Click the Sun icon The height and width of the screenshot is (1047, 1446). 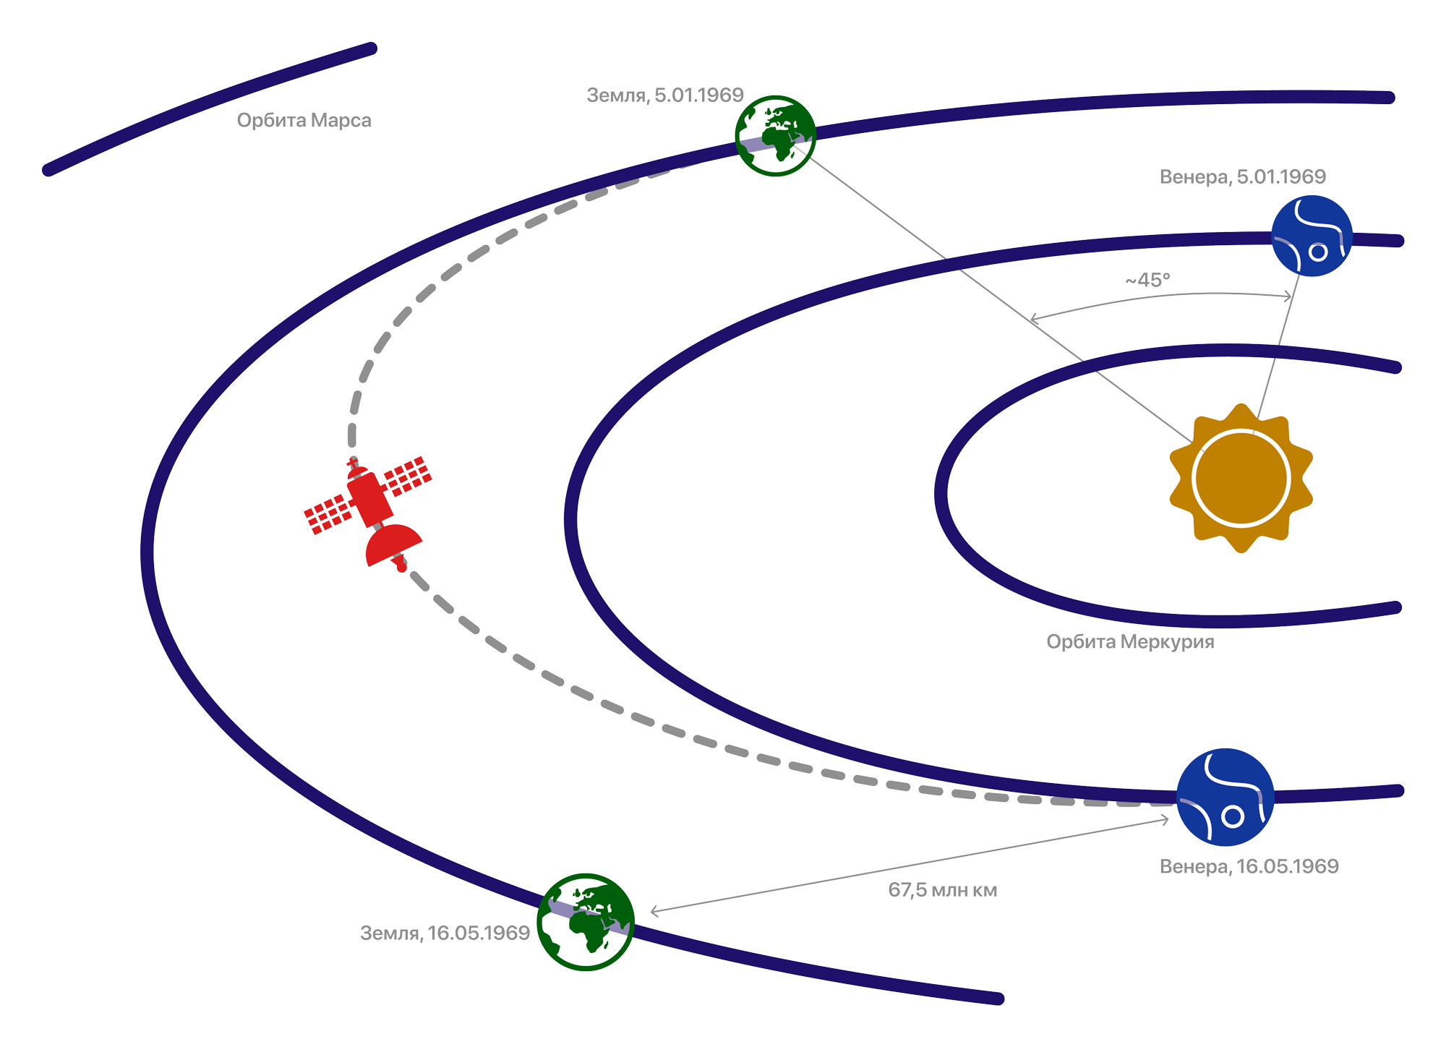coord(1241,478)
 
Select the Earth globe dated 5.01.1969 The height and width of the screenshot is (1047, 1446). coord(775,135)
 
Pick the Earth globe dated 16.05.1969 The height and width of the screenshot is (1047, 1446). coord(586,922)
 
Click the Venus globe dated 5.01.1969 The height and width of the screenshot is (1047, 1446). coord(1312,236)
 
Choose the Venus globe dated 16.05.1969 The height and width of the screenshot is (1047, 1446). coord(1225,797)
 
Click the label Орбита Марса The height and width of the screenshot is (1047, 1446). coord(304,120)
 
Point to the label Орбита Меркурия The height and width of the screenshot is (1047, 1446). coord(1130,641)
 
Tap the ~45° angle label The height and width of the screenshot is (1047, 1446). coord(1147,280)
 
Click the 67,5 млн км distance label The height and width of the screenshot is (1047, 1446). coord(943,890)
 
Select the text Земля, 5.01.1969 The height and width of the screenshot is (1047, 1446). coord(665,95)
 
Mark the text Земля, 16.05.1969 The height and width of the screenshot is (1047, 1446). coord(445,933)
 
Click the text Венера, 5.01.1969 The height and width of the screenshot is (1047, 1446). coord(1243,176)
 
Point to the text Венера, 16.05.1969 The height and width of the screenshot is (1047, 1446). coord(1249,866)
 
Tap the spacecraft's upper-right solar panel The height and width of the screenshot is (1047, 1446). coord(408,475)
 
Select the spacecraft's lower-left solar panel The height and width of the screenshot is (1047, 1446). coord(328,514)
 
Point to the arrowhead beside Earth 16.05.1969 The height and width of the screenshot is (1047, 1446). coord(655,911)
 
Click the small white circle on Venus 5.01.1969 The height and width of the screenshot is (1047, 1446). coord(1318,252)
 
